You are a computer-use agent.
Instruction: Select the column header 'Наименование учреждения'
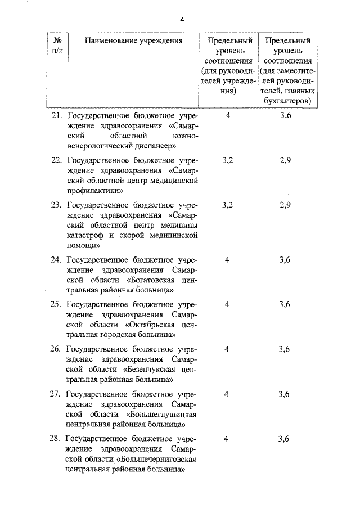coord(134,40)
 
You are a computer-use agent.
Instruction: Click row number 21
coord(56,115)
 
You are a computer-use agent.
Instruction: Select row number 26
coord(56,349)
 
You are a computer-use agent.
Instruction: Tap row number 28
coord(56,439)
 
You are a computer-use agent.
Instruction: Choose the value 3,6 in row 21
coord(285,115)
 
